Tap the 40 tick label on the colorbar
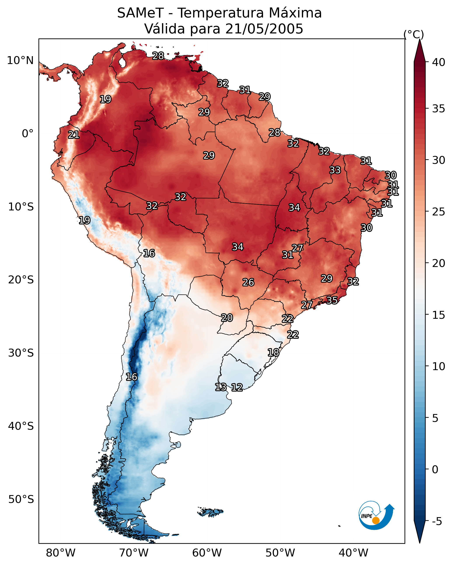point(439,62)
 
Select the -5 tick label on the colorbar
point(437,522)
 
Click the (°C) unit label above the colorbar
point(414,34)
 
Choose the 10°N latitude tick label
point(20,61)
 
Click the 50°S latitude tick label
point(21,500)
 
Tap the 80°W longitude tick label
point(61,553)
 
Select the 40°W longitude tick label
point(353,553)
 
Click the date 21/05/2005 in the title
point(264,29)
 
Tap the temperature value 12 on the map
point(237,387)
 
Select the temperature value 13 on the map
point(221,387)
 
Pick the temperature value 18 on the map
point(273,352)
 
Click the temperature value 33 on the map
point(335,170)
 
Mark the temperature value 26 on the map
point(248,282)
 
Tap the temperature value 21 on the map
point(74,135)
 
